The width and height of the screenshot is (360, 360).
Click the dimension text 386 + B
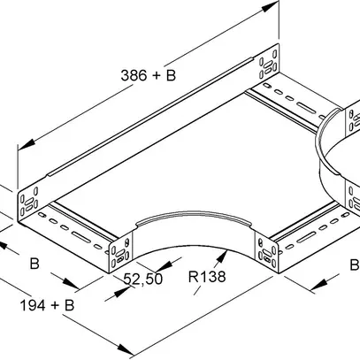tap(149, 75)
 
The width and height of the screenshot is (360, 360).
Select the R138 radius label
tap(207, 277)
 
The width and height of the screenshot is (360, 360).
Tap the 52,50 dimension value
tap(143, 279)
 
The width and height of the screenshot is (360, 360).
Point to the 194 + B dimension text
tap(47, 305)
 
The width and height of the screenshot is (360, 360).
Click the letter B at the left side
tap(34, 264)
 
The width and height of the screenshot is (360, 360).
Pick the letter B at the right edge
tap(355, 264)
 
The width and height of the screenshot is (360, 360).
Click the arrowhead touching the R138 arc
tap(222, 256)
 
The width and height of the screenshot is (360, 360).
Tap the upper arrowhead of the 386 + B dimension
tap(270, 6)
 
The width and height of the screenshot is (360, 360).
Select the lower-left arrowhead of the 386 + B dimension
tap(27, 144)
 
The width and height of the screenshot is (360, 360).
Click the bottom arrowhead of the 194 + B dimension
tap(126, 349)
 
